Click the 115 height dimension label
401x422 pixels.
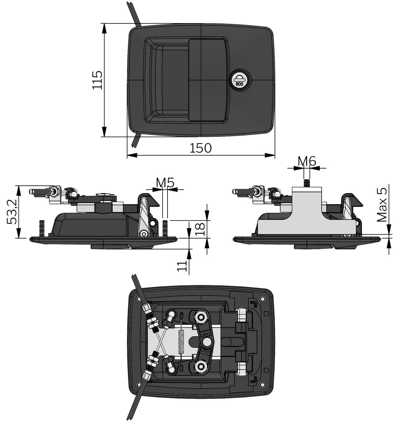coord(97,80)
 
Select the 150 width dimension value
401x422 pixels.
coord(201,148)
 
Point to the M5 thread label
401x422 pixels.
coord(165,183)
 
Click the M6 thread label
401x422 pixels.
coord(307,161)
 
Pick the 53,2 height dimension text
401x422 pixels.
coord(12,212)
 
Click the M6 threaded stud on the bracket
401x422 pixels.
coord(307,183)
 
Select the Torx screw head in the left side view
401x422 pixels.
coord(144,233)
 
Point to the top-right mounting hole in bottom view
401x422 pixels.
coord(262,299)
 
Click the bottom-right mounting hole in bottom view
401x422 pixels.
coord(262,385)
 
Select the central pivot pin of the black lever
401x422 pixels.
coord(207,342)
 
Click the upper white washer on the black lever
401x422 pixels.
coord(201,317)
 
